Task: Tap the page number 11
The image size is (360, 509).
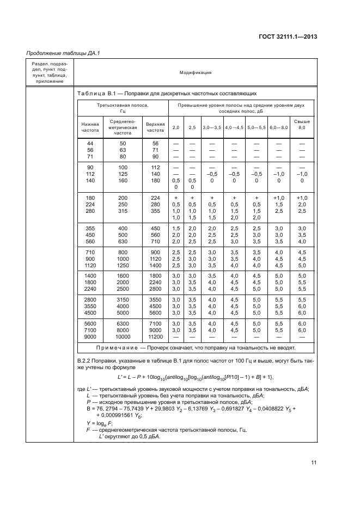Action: click(314, 463)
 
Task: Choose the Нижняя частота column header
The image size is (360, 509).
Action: click(90, 127)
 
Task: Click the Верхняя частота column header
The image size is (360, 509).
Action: click(155, 127)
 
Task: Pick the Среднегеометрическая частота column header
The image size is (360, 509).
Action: click(123, 127)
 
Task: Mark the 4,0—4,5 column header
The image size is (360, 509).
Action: click(234, 127)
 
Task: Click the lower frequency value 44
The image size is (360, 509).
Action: click(90, 143)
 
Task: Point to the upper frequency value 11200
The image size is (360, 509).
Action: click(155, 336)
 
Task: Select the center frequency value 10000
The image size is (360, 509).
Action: click(123, 336)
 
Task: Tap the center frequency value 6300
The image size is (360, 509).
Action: click(123, 323)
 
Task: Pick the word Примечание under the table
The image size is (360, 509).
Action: click(119, 347)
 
